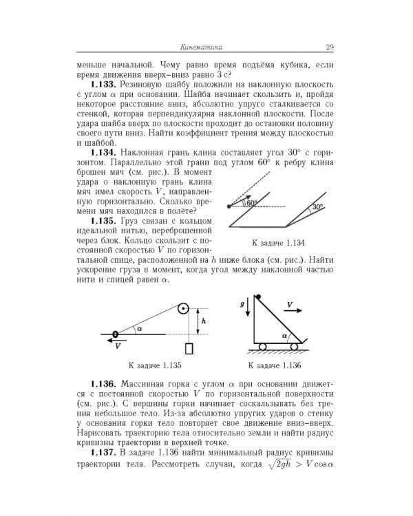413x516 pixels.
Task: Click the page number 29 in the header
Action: coord(330,47)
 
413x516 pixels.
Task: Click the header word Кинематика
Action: coord(200,47)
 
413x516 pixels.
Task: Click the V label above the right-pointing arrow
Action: coord(289,303)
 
